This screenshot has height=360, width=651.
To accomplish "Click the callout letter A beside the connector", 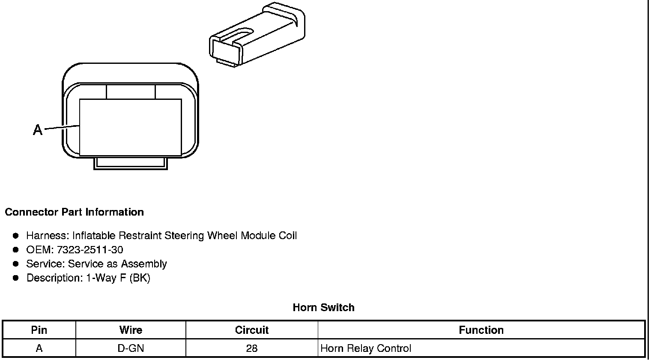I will (x=38, y=129).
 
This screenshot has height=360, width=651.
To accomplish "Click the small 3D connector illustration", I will (x=257, y=36).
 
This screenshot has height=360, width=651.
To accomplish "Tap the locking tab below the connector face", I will (x=130, y=163).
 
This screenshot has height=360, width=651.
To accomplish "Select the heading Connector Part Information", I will (x=74, y=212).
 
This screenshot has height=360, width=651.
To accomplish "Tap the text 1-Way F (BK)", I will (x=118, y=278).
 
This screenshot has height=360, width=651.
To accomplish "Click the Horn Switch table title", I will (x=323, y=307).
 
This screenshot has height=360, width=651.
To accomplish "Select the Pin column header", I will (x=39, y=330).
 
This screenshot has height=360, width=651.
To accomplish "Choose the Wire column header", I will (x=131, y=330).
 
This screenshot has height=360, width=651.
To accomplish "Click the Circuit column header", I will (x=252, y=330).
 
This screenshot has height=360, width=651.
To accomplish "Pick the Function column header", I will (x=481, y=330).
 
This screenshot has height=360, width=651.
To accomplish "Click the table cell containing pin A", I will (x=39, y=348).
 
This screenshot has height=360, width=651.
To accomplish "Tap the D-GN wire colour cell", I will (x=131, y=348).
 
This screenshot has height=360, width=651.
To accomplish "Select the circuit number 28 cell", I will (x=252, y=348).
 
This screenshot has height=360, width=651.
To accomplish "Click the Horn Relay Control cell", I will (x=366, y=348).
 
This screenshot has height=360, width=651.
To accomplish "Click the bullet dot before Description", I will (x=16, y=278).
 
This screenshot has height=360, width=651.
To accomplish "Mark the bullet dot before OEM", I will (x=16, y=249).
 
